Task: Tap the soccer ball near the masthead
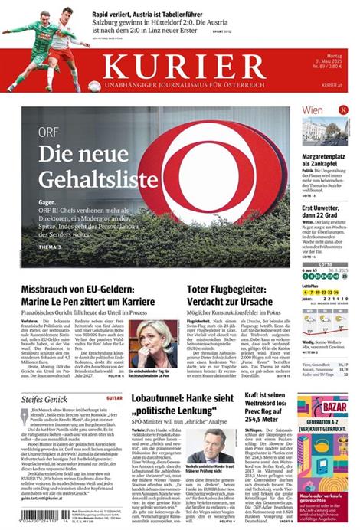tap(95, 87)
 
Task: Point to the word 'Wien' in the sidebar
tap(313, 110)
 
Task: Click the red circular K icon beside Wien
tap(343, 110)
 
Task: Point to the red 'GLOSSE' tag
tap(113, 398)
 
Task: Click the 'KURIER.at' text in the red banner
tap(331, 86)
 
